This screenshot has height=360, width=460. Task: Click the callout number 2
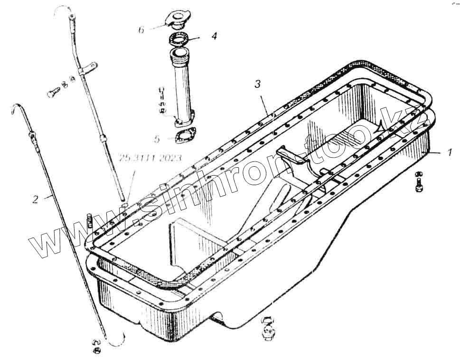tap(35, 199)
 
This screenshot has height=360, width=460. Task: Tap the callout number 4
tap(214, 36)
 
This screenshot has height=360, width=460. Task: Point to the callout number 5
tap(157, 139)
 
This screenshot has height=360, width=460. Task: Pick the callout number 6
tap(141, 29)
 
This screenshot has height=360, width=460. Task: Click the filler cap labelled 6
tap(176, 20)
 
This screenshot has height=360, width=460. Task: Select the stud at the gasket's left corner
tap(89, 221)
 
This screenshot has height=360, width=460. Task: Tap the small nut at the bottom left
tap(97, 350)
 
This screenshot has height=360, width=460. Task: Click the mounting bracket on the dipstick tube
tap(88, 69)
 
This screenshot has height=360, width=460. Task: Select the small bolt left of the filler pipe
tap(162, 101)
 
